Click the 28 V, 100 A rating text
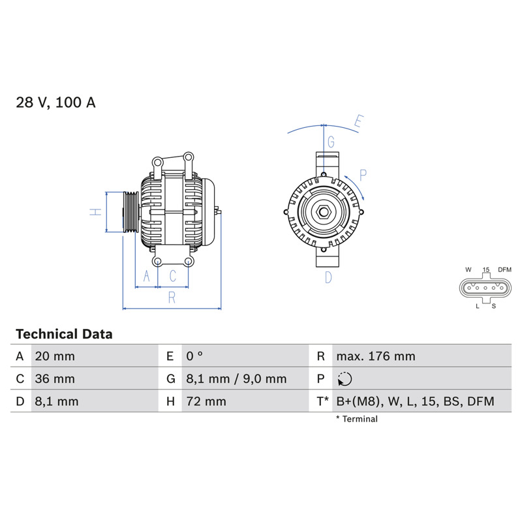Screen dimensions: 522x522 [55, 102]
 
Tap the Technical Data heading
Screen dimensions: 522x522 [64, 334]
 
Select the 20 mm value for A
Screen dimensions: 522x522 [55, 356]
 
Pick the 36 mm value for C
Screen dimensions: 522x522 [55, 379]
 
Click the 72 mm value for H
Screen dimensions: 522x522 [206, 401]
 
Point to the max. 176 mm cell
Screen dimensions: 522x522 [376, 356]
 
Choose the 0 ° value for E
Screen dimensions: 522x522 [194, 356]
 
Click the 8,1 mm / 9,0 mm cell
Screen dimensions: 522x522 [236, 379]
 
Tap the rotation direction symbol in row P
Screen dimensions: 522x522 [345, 379]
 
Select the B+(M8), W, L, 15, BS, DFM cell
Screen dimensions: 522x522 [415, 401]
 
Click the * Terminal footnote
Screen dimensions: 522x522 [357, 419]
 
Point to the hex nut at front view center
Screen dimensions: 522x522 [323, 212]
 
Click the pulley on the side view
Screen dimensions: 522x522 [131, 212]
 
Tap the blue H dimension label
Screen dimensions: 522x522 [95, 211]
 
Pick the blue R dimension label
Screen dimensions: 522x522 [172, 298]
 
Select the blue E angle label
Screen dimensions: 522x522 [358, 121]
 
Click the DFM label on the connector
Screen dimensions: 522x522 [504, 269]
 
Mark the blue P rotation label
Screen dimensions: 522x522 [363, 175]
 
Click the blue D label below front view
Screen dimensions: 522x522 [328, 277]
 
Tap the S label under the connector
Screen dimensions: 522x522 [494, 306]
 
